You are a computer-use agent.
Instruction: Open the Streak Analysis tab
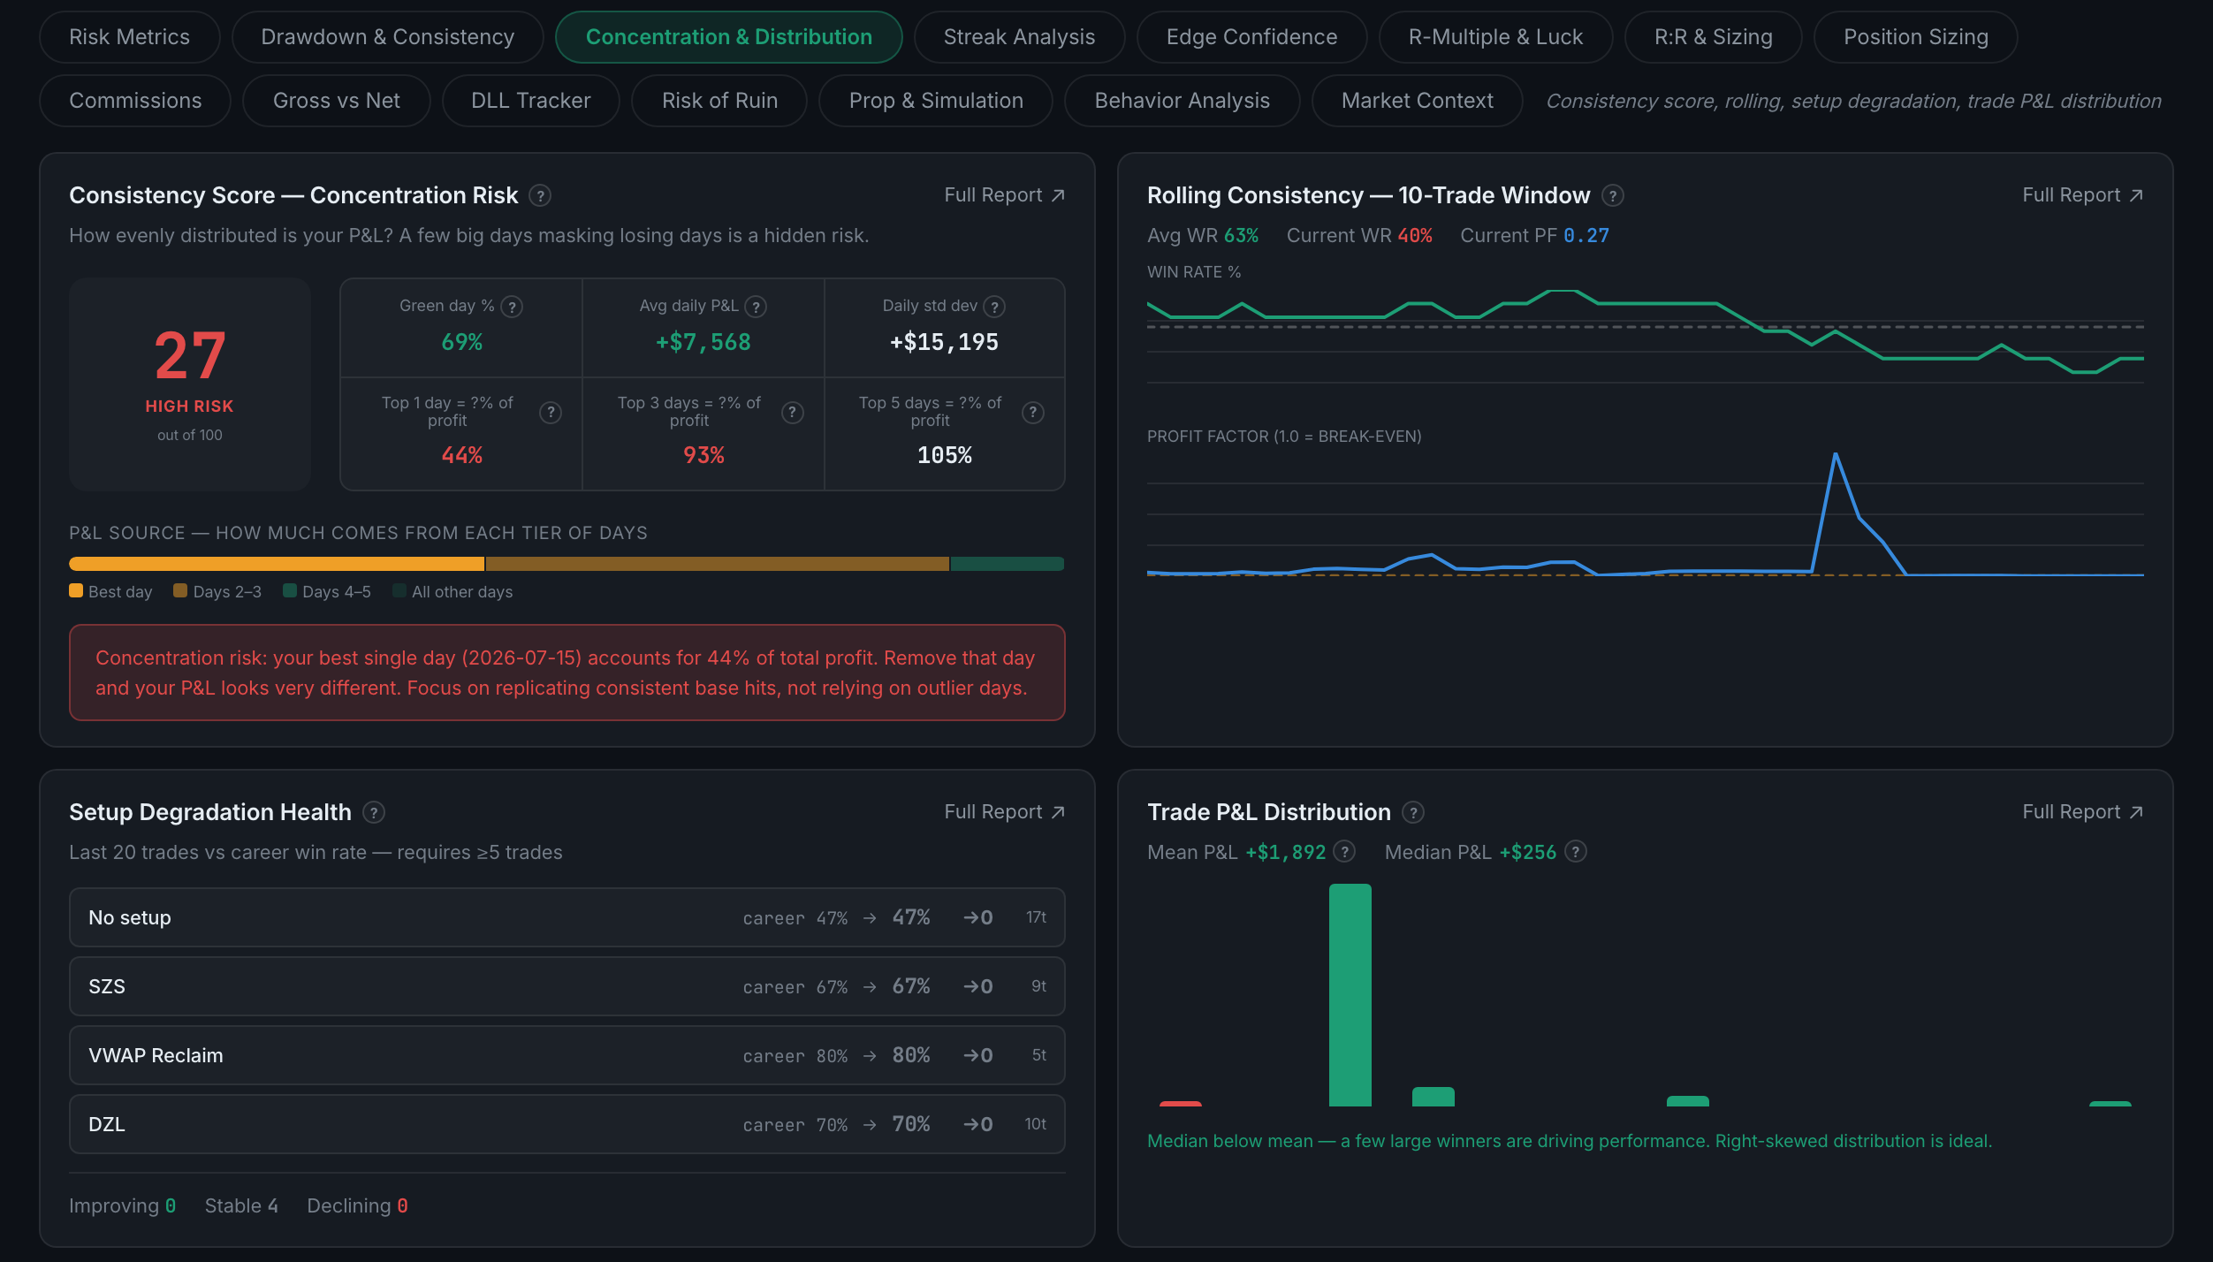pyautogui.click(x=1019, y=37)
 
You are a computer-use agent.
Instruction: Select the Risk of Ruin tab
pyautogui.click(x=719, y=101)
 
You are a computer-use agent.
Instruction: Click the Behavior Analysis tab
pyautogui.click(x=1182, y=101)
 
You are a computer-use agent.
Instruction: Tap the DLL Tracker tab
pyautogui.click(x=530, y=101)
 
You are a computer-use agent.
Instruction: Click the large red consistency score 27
pyautogui.click(x=190, y=355)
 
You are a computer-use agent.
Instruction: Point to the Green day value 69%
pyautogui.click(x=462, y=342)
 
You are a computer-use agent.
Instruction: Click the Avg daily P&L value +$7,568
pyautogui.click(x=703, y=342)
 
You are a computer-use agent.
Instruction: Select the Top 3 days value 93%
pyautogui.click(x=703, y=455)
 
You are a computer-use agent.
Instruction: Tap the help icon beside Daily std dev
pyautogui.click(x=994, y=307)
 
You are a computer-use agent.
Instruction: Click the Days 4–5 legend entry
pyautogui.click(x=327, y=591)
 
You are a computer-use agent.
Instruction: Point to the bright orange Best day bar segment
pyautogui.click(x=277, y=564)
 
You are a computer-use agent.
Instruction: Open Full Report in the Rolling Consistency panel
pyautogui.click(x=2082, y=195)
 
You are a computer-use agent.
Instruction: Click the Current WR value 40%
pyautogui.click(x=1415, y=236)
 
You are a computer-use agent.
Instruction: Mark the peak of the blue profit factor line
pyautogui.click(x=1836, y=454)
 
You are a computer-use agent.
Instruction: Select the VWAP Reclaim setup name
pyautogui.click(x=156, y=1055)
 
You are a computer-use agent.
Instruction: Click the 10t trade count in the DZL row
pyautogui.click(x=1035, y=1124)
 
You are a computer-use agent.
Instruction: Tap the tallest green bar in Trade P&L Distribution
pyautogui.click(x=1350, y=995)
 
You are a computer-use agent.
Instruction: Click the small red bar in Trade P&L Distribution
pyautogui.click(x=1181, y=1104)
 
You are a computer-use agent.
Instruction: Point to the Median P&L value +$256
pyautogui.click(x=1528, y=852)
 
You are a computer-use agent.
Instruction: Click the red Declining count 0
pyautogui.click(x=402, y=1205)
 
